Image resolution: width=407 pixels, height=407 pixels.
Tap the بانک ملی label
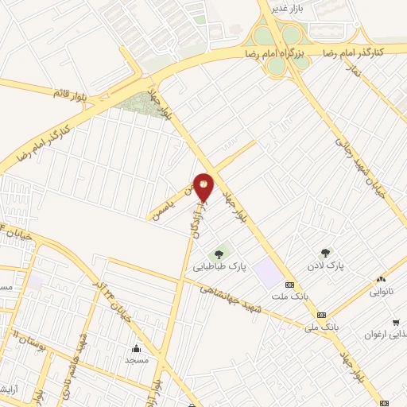point(323,326)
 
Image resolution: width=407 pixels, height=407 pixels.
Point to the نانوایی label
point(381,291)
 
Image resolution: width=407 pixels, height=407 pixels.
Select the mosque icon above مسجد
point(136,347)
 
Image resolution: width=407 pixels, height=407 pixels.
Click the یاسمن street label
point(169,207)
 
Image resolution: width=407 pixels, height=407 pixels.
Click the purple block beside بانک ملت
point(268,275)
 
